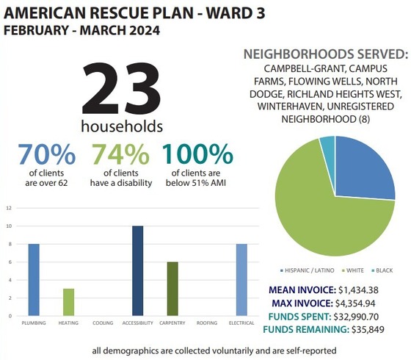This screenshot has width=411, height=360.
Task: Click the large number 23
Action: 121,88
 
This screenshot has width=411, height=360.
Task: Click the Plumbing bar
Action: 34,280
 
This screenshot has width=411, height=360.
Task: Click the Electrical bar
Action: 241,280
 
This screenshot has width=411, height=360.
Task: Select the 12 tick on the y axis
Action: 9,207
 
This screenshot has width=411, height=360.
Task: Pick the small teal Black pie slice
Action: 327,151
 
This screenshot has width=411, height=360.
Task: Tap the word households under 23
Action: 121,126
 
